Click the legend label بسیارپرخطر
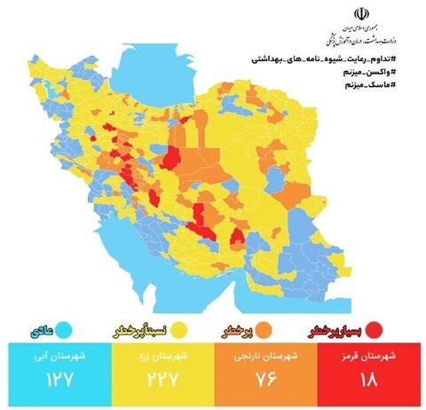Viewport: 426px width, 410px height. [x=335, y=330]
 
